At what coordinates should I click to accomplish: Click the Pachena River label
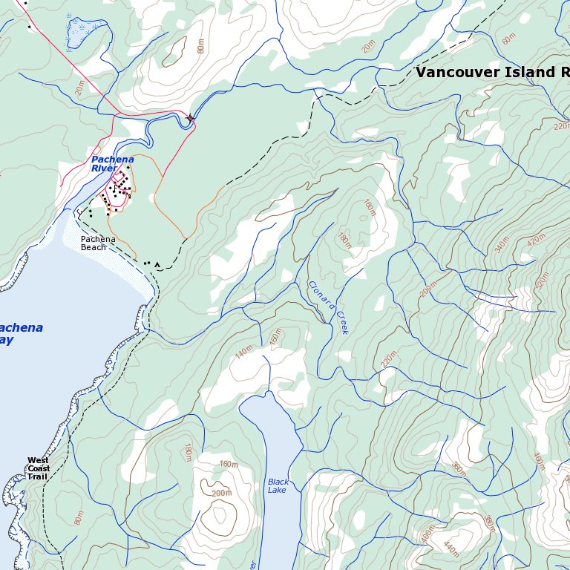[x=113, y=164]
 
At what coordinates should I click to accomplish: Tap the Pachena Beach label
[x=98, y=243]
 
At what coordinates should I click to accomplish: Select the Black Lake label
[x=278, y=486]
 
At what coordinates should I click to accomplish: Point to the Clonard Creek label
[x=328, y=307]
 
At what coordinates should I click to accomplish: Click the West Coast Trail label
[x=39, y=468]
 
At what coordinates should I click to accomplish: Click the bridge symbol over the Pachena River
[x=191, y=118]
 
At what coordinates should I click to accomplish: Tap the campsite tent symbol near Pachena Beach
[x=157, y=263]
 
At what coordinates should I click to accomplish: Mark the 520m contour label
[x=543, y=281]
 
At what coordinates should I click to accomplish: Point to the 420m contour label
[x=535, y=240]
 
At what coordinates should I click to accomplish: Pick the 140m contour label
[x=243, y=353]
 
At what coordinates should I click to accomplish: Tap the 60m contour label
[x=508, y=39]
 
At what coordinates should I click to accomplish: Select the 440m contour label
[x=451, y=548]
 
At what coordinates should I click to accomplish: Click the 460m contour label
[x=539, y=462]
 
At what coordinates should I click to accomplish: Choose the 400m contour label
[x=428, y=534]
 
